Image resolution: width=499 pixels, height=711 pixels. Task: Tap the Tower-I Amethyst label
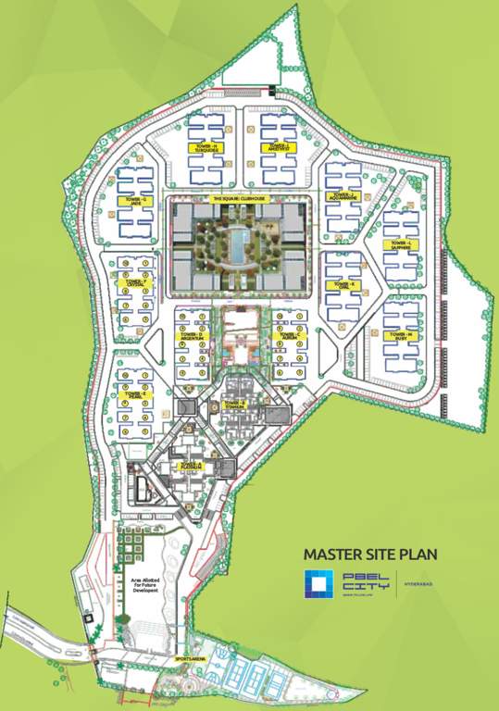[279, 146]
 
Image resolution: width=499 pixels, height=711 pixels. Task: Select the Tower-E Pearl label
[134, 394]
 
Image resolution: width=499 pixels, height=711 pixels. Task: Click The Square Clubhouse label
[238, 199]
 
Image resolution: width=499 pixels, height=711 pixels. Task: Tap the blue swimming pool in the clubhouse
[238, 246]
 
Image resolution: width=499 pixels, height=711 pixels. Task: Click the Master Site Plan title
[371, 555]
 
